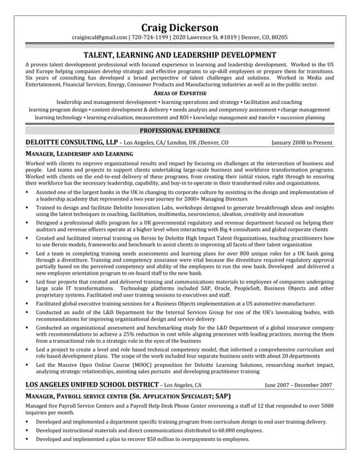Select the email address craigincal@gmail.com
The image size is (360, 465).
click(100, 37)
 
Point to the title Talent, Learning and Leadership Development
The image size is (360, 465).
click(180, 55)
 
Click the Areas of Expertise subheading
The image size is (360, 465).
click(180, 94)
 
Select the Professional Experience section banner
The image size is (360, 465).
click(180, 131)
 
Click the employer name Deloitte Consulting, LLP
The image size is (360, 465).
click(72, 143)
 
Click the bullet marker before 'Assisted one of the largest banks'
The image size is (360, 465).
click(28, 192)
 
